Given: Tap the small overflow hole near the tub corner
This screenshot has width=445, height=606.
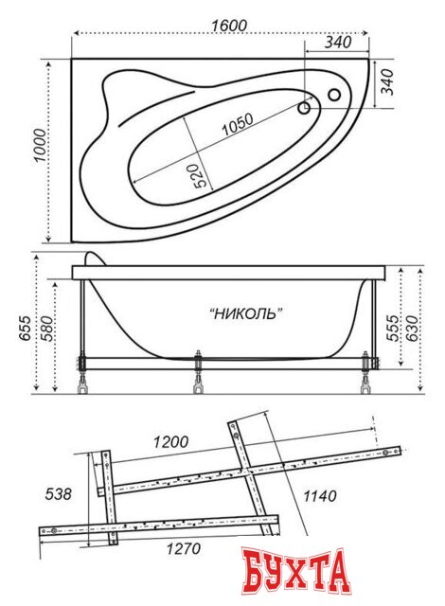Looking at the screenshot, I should click(x=333, y=94).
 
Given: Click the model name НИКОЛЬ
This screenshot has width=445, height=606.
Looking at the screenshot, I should click(x=245, y=313).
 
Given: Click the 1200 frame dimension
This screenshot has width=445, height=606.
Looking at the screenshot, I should click(x=170, y=441).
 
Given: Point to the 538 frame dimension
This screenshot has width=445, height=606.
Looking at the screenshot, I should click(x=58, y=493).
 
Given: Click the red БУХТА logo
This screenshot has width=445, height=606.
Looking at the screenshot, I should click(x=294, y=574).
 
